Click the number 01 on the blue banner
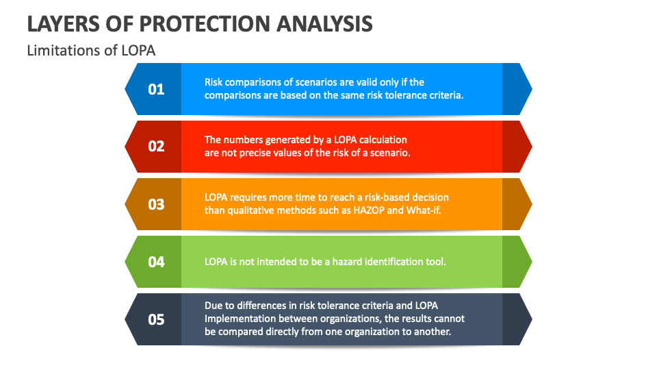point(156,89)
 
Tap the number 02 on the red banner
point(156,147)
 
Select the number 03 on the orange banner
point(156,204)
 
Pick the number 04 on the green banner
point(156,262)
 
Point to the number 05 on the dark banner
point(156,320)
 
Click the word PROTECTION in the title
point(205,23)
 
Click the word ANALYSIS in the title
point(324,23)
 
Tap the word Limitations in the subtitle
point(64,50)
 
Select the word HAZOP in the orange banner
point(369,210)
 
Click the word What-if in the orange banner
point(424,210)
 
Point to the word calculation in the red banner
point(383,140)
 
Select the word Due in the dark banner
point(212,306)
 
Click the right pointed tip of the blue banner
point(532,89)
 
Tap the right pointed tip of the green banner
point(532,262)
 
